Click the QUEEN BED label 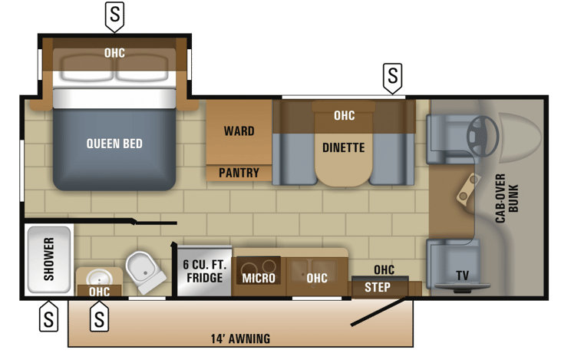(x=114, y=144)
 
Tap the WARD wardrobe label (x=239, y=131)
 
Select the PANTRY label (x=239, y=173)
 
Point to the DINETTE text (x=343, y=147)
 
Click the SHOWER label (x=48, y=259)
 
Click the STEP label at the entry (x=377, y=288)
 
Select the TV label (x=462, y=276)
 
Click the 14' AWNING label (x=240, y=339)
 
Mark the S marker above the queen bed (x=114, y=15)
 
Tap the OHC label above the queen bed (x=114, y=53)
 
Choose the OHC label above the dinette (x=345, y=116)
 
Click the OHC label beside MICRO (x=317, y=278)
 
